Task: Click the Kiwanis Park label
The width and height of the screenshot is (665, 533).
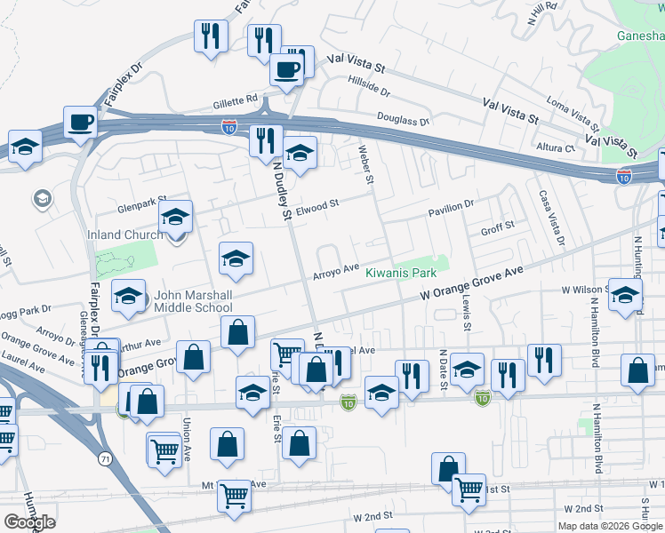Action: (401, 273)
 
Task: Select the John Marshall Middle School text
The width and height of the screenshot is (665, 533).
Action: (193, 302)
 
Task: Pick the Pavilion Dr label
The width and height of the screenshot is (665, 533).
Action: (450, 208)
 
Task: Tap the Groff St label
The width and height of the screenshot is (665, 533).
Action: (498, 227)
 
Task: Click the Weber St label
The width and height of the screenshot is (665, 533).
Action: (365, 164)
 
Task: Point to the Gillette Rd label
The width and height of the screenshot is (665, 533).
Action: (234, 99)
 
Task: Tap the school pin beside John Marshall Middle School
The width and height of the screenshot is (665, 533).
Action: (129, 296)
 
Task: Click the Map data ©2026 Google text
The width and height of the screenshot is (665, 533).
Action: (611, 526)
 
